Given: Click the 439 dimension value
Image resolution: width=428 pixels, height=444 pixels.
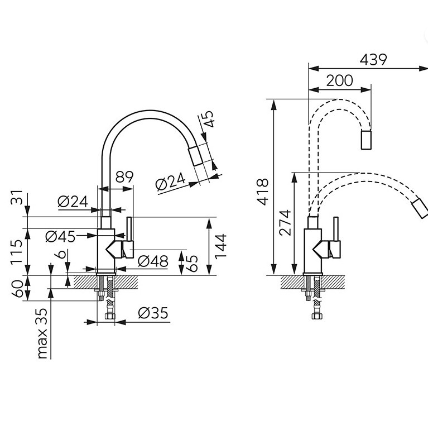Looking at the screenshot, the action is pyautogui.click(x=373, y=60).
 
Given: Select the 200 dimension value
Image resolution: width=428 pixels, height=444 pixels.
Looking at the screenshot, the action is pyautogui.click(x=340, y=80).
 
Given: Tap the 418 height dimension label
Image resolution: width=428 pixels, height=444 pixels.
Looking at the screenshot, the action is pyautogui.click(x=263, y=192).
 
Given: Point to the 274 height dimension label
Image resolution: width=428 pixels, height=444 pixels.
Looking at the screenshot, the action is pyautogui.click(x=285, y=223).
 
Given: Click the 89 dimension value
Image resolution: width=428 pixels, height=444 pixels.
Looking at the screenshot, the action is pyautogui.click(x=124, y=177).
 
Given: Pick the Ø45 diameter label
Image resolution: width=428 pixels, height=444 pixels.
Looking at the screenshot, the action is pyautogui.click(x=60, y=236).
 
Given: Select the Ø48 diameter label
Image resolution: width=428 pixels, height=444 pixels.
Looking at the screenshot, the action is pyautogui.click(x=153, y=261).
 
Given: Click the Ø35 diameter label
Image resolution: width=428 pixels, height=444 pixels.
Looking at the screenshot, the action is pyautogui.click(x=153, y=313).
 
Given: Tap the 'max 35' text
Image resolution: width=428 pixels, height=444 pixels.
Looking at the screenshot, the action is pyautogui.click(x=42, y=333).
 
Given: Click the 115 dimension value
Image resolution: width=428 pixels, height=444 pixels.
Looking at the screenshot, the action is pyautogui.click(x=16, y=252).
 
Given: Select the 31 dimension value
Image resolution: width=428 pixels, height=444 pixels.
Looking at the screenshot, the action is pyautogui.click(x=17, y=197).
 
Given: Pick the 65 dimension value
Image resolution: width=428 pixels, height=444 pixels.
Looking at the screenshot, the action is pyautogui.click(x=193, y=264).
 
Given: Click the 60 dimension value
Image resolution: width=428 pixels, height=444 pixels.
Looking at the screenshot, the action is pyautogui.click(x=17, y=289).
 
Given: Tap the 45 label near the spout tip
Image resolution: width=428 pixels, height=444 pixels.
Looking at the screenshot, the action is pyautogui.click(x=208, y=119).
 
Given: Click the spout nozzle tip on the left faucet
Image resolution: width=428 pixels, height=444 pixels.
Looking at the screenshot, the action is pyautogui.click(x=195, y=156).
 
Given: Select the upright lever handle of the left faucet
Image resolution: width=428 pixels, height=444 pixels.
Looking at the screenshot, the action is pyautogui.click(x=129, y=229).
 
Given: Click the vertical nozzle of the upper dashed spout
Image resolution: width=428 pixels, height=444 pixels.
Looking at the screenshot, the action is pyautogui.click(x=366, y=140).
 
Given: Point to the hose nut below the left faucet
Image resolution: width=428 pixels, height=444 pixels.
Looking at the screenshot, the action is pyautogui.click(x=110, y=316).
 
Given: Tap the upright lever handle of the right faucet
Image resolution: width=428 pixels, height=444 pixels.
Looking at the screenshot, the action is pyautogui.click(x=336, y=229).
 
